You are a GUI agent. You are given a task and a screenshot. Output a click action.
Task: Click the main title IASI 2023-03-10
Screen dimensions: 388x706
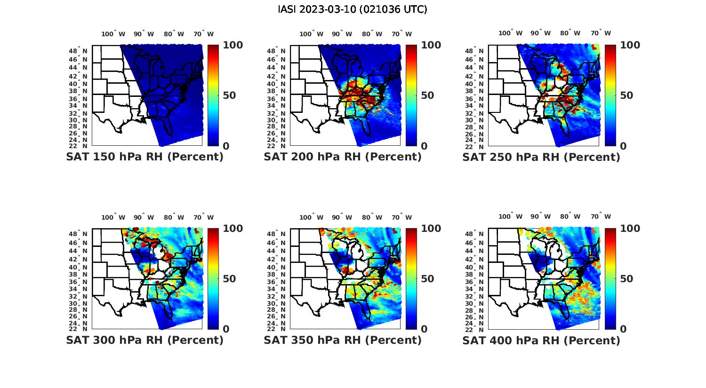353,9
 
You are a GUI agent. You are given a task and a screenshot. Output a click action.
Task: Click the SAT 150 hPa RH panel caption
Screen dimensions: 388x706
145,157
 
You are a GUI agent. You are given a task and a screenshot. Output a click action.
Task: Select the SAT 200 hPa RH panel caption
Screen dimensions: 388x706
343,157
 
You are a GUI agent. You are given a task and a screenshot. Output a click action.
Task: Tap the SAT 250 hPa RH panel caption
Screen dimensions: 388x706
541,157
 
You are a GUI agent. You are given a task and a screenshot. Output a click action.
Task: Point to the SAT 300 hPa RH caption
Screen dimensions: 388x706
145,340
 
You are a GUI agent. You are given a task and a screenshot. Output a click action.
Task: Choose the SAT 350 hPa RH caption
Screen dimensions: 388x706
343,340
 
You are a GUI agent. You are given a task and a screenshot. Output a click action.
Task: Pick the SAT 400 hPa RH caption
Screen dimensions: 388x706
541,340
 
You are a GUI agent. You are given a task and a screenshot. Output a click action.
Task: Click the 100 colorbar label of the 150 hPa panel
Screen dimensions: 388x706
233,45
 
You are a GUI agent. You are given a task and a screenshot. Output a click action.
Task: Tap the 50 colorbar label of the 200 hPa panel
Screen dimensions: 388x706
427,95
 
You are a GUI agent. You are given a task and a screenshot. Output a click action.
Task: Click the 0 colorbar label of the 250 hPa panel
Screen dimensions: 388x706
623,146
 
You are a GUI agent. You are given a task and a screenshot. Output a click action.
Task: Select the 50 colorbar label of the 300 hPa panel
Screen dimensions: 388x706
229,279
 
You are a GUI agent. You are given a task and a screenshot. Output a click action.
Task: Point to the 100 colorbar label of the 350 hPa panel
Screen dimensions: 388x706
431,229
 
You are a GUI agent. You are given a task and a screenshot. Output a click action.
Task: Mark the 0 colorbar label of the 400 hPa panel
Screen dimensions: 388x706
623,329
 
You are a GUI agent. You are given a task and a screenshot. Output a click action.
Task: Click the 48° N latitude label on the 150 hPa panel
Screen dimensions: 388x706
78,51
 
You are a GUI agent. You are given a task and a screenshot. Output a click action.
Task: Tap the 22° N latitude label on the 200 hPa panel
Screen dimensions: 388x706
276,146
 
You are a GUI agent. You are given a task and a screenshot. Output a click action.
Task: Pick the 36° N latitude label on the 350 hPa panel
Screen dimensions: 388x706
276,282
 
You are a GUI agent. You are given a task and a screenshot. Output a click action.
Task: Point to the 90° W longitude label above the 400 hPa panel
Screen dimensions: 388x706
541,216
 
